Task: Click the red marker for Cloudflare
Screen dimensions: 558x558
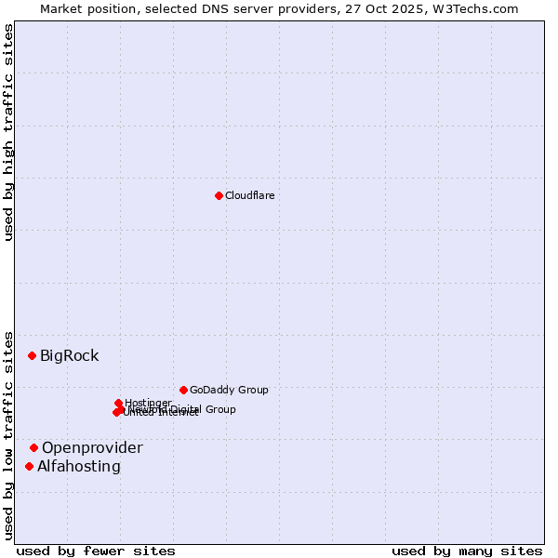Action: [219, 195]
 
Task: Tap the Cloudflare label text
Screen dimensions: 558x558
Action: [249, 195]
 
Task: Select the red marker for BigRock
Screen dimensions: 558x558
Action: [32, 355]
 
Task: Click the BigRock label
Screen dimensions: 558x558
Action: [69, 355]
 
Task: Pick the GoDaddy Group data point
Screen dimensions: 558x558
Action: [183, 390]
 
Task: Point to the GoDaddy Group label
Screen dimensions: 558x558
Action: [229, 390]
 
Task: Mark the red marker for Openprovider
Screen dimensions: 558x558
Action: [33, 447]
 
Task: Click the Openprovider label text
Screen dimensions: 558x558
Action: [92, 447]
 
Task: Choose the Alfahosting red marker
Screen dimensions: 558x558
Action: [29, 466]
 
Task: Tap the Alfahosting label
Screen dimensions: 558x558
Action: [79, 466]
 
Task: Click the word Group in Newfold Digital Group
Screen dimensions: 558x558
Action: [220, 409]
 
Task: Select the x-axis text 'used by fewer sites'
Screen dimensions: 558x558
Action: [96, 551]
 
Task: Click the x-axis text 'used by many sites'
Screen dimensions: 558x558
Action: [467, 551]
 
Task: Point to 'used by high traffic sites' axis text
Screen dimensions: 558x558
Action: [8, 132]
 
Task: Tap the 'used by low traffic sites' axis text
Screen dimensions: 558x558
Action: [8, 434]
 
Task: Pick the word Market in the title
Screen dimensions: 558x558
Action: [61, 8]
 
